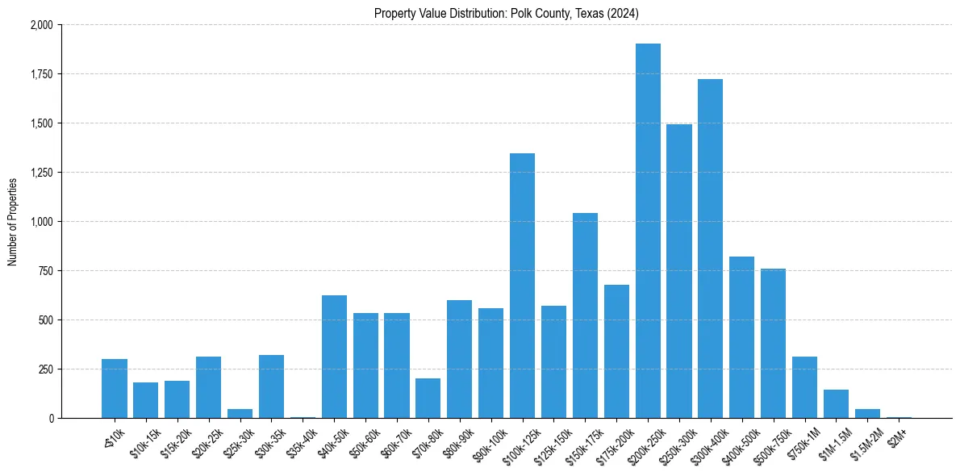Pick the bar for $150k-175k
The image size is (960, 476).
[x=585, y=315]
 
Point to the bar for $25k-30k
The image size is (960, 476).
[x=240, y=413]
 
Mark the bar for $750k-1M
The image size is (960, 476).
[x=804, y=387]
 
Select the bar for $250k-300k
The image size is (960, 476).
[x=679, y=271]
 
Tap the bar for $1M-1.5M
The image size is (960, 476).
[x=836, y=403]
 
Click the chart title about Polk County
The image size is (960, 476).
[x=507, y=13]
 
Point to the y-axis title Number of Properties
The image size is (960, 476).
[x=13, y=221]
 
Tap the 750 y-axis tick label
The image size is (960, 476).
[x=45, y=271]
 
